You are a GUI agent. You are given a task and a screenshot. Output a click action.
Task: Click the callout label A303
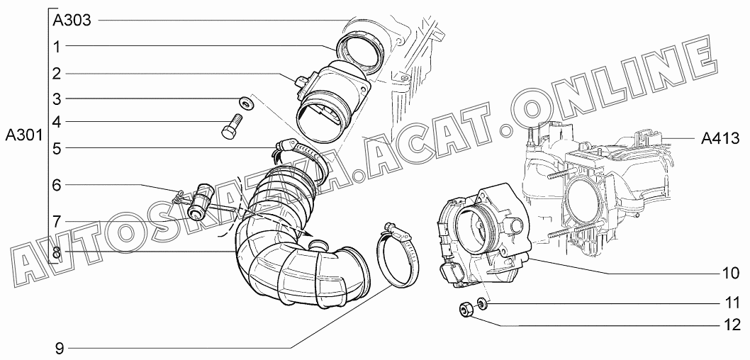72,21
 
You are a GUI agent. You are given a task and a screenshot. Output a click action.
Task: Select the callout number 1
57,47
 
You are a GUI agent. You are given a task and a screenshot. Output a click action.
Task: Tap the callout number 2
57,74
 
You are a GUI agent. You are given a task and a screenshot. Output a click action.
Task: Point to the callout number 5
57,148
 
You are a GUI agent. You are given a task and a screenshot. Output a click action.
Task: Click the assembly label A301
24,136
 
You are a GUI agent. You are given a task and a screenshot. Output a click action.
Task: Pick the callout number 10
730,274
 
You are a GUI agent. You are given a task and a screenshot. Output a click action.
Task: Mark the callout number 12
730,325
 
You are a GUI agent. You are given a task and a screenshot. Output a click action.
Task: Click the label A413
720,139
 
